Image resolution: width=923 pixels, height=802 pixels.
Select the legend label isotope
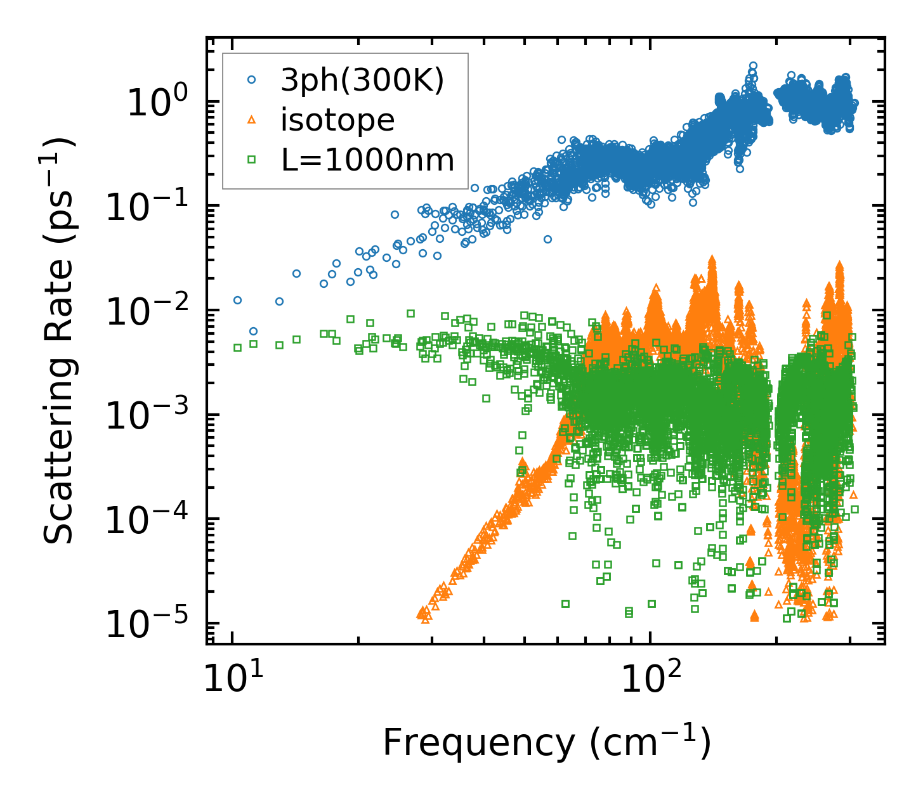(337, 120)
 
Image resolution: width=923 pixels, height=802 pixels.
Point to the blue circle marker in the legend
(251, 80)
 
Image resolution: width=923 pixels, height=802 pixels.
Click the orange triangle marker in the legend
(251, 120)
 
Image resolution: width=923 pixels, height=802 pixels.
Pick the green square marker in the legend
(251, 160)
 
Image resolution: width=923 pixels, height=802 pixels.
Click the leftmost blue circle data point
(237, 300)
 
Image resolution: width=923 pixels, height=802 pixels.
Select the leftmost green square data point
(237, 347)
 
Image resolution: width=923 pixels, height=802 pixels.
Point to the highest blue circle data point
(753, 65)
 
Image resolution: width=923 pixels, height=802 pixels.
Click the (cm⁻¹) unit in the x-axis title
(650, 742)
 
